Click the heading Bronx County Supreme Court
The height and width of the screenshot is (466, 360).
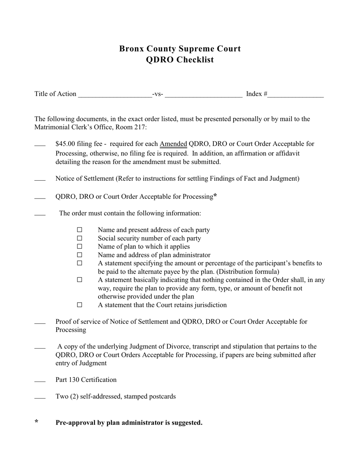point(180,48)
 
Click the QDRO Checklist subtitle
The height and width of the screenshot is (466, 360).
point(180,60)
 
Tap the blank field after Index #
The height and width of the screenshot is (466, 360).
point(296,94)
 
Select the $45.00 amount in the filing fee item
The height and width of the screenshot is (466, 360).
point(65,144)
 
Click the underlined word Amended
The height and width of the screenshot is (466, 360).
point(173,144)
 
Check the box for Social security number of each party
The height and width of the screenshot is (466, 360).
point(80,238)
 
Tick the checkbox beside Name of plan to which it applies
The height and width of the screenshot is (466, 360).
point(80,247)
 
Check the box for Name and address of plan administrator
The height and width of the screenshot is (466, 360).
point(80,255)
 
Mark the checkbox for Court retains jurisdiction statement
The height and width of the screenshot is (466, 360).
point(80,305)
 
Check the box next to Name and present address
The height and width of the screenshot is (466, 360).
point(80,230)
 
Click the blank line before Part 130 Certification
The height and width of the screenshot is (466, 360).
point(40,381)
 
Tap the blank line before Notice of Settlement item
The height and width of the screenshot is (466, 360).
point(40,180)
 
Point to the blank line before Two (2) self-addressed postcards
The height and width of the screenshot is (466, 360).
point(40,397)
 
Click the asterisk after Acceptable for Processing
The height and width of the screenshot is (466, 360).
point(215,196)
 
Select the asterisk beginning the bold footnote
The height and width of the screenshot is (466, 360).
point(36,422)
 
